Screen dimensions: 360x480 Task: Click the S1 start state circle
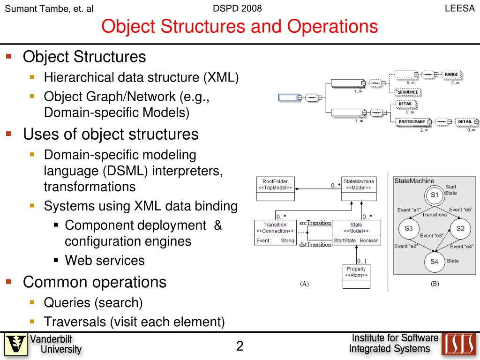(x=435, y=195)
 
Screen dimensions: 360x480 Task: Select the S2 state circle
(x=460, y=228)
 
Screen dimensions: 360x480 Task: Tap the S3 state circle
(x=409, y=228)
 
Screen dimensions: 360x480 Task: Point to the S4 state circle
(x=434, y=262)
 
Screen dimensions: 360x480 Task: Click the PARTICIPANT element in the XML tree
(x=412, y=122)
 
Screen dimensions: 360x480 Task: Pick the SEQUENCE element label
(x=407, y=92)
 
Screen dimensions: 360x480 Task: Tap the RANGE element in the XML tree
(x=451, y=75)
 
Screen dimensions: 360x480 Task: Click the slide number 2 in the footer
(x=240, y=346)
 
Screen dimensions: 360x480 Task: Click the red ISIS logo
(x=459, y=344)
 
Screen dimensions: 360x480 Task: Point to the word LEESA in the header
(x=459, y=8)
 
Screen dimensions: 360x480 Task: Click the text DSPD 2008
(x=237, y=8)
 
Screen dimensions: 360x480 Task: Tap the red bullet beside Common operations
(x=8, y=281)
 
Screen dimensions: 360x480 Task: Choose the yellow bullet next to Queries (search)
(x=32, y=302)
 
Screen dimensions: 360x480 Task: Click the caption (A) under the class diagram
(x=304, y=283)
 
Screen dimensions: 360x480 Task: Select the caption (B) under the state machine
(x=435, y=283)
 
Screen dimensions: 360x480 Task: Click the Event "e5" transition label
(x=461, y=210)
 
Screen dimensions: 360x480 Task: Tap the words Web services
(x=105, y=260)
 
